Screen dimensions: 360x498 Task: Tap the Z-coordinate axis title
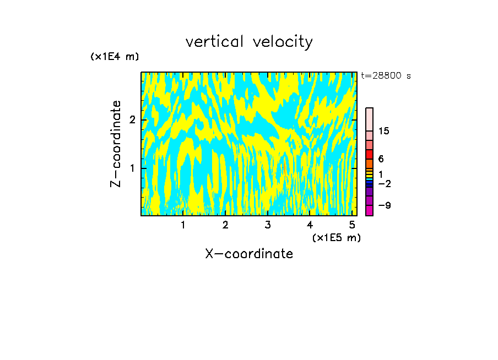pyautogui.click(x=116, y=144)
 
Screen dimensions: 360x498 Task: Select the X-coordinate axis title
pyautogui.click(x=249, y=254)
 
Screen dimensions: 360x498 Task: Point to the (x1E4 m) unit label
pyautogui.click(x=115, y=57)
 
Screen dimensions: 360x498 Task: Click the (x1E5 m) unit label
pyautogui.click(x=336, y=237)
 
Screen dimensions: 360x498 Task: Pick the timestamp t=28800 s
pyautogui.click(x=386, y=76)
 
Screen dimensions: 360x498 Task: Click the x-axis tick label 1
pyautogui.click(x=183, y=225)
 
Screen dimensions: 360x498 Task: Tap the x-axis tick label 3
pyautogui.click(x=267, y=225)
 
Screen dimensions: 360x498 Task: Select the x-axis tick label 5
pyautogui.click(x=352, y=225)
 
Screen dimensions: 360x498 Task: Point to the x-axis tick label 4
pyautogui.click(x=310, y=225)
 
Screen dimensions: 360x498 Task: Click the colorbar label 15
pyautogui.click(x=384, y=131)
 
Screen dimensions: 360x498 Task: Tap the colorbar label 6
pyautogui.click(x=381, y=159)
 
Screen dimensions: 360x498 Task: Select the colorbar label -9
pyautogui.click(x=385, y=205)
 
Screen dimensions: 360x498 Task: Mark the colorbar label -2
pyautogui.click(x=385, y=183)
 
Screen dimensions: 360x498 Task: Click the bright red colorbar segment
pyautogui.click(x=369, y=155)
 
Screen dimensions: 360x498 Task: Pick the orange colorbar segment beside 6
pyautogui.click(x=369, y=163)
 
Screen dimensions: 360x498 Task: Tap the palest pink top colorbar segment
pyautogui.click(x=369, y=119)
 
